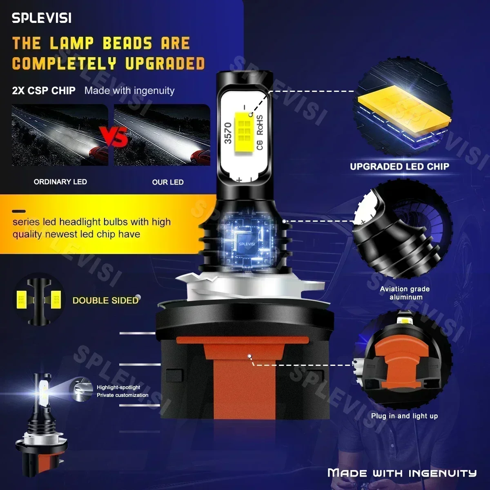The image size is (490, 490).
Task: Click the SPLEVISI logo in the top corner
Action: pyautogui.click(x=42, y=18)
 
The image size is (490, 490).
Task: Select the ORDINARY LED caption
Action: pyautogui.click(x=60, y=182)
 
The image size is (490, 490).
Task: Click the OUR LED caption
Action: pyautogui.click(x=168, y=182)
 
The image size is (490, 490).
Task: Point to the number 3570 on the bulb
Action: pyautogui.click(x=228, y=133)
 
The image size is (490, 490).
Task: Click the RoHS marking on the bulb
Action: pyautogui.click(x=260, y=125)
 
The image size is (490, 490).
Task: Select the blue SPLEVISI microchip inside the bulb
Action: pyautogui.click(x=247, y=244)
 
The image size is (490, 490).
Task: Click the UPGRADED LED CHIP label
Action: pyautogui.click(x=399, y=167)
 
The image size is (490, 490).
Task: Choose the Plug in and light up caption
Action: pyautogui.click(x=404, y=416)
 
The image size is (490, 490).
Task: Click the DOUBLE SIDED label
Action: pyautogui.click(x=105, y=300)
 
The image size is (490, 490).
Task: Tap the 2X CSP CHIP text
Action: pyautogui.click(x=44, y=91)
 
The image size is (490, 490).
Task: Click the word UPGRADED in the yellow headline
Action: pyautogui.click(x=165, y=63)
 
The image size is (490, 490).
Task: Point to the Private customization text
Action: pyautogui.click(x=122, y=395)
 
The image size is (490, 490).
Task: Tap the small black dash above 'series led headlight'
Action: pyautogui.click(x=19, y=211)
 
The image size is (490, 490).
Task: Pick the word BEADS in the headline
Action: pyautogui.click(x=127, y=43)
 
